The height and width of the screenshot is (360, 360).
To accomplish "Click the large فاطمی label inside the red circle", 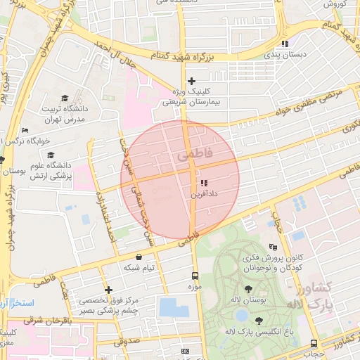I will click(x=199, y=152).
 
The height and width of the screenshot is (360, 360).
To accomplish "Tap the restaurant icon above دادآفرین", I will click(x=204, y=183).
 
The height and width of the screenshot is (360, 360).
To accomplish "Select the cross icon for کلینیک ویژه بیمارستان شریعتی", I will click(x=191, y=82).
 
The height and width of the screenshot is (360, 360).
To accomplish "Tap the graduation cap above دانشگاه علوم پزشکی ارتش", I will click(x=49, y=155).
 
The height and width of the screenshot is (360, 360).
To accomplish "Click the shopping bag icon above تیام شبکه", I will click(x=138, y=257).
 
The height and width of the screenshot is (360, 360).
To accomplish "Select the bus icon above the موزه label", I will click(x=195, y=276).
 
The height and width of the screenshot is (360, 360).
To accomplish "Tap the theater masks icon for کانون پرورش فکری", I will click(x=274, y=247).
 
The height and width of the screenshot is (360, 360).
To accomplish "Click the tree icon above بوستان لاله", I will click(x=248, y=289).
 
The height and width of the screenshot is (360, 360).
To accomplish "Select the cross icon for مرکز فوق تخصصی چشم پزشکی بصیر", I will click(x=108, y=290).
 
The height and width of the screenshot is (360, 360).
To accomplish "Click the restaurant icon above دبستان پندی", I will click(x=284, y=44).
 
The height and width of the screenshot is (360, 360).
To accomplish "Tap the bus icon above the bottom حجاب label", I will click(x=314, y=343).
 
